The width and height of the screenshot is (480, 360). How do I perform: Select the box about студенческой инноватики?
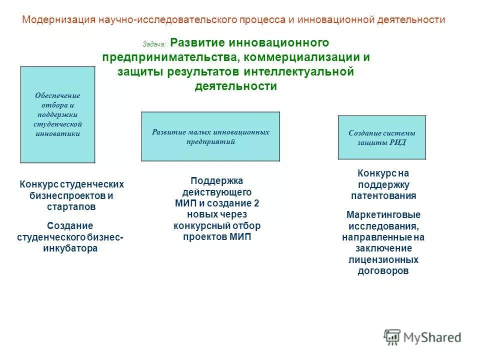57,114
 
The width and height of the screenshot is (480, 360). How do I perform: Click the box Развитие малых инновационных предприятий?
210,136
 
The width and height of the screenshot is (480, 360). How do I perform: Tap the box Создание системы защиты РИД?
381,137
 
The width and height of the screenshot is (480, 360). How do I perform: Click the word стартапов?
71,206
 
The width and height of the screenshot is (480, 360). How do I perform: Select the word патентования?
383,196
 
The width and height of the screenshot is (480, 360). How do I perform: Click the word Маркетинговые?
383,215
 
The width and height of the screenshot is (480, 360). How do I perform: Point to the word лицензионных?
383,260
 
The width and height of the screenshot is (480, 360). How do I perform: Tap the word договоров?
383,271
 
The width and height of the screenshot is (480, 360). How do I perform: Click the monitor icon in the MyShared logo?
392,337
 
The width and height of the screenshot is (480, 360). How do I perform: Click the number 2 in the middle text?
256,203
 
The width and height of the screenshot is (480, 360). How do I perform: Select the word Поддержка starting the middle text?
216,181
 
